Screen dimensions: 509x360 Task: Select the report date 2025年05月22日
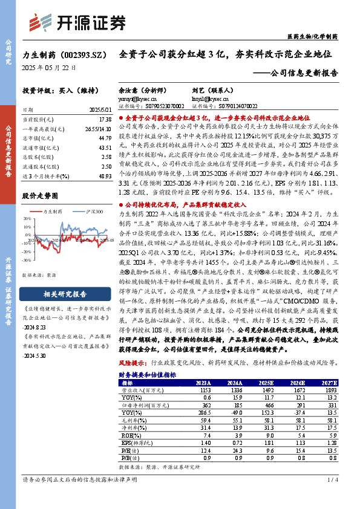[49, 68]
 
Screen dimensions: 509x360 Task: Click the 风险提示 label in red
[133, 364]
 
